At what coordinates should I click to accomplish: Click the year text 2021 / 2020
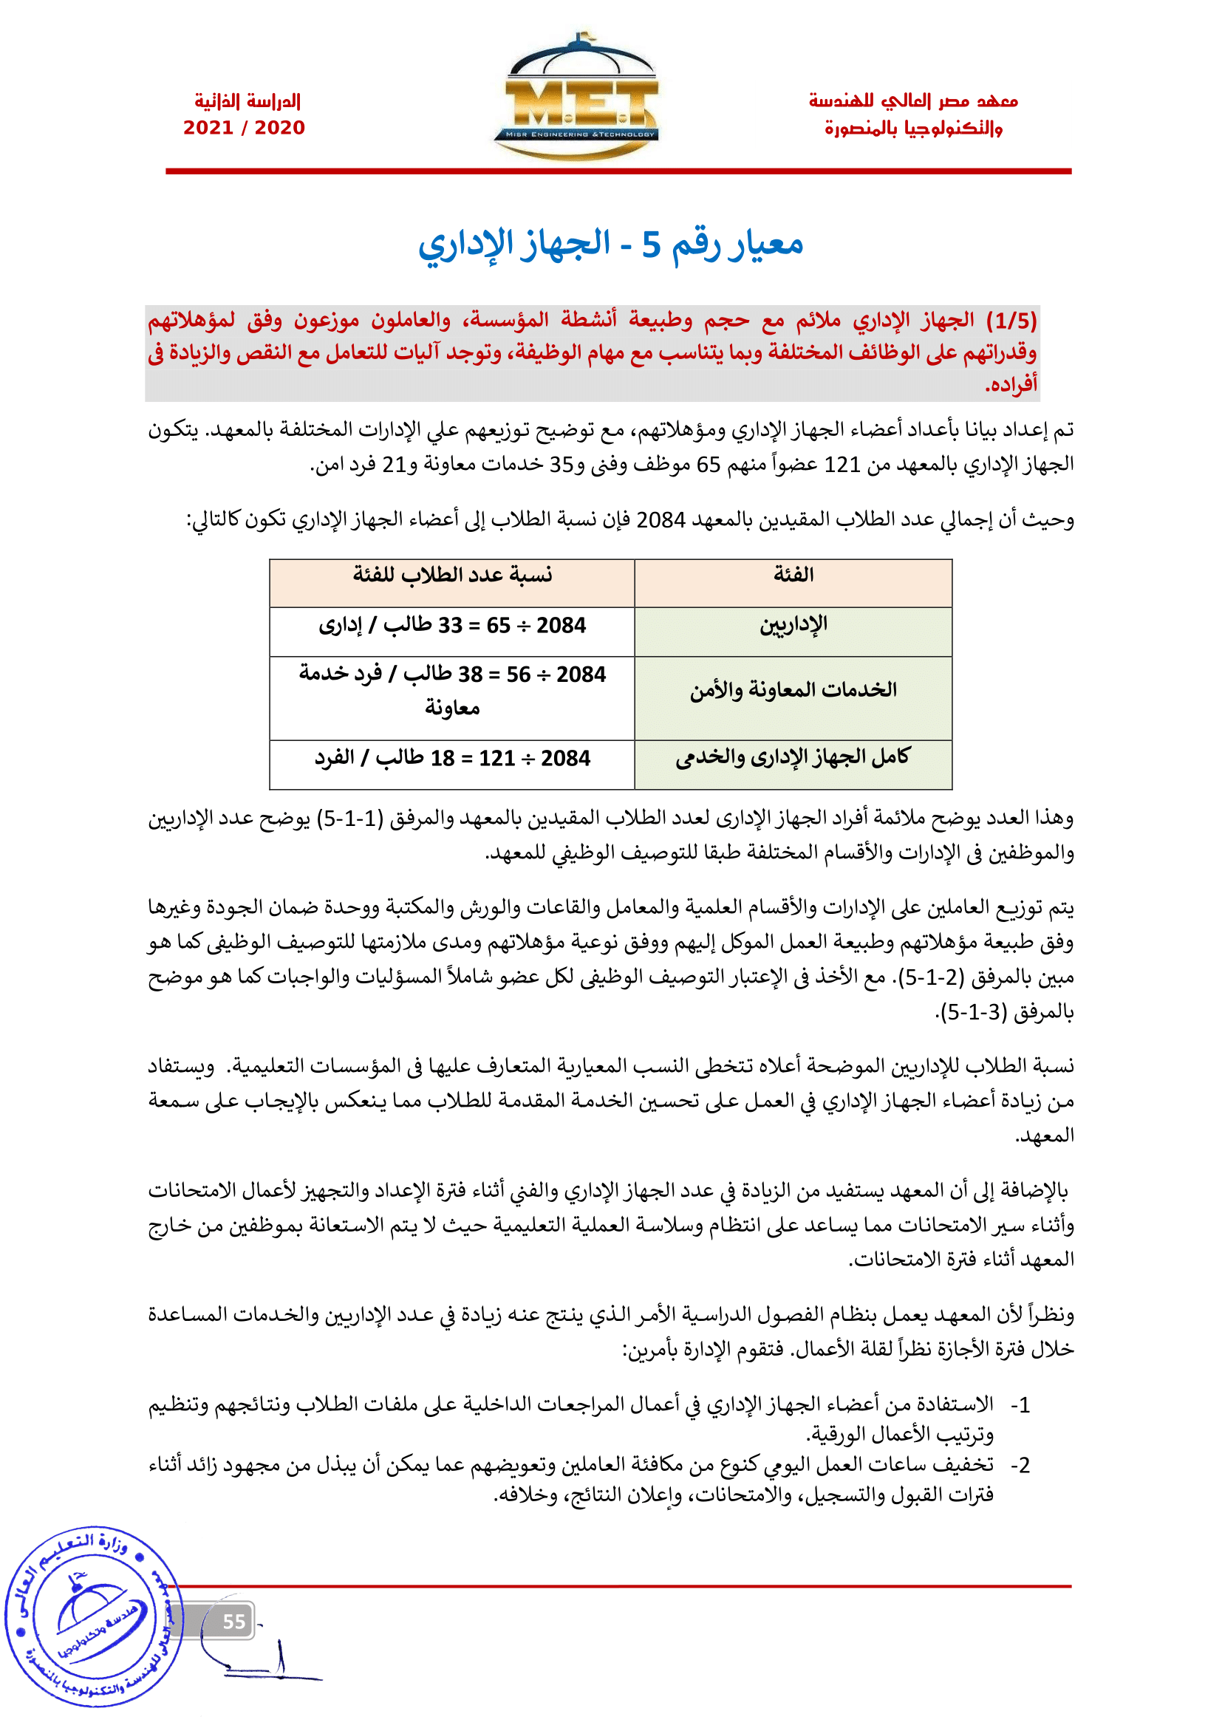pyautogui.click(x=244, y=128)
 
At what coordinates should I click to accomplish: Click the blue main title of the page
pyautogui.click(x=610, y=244)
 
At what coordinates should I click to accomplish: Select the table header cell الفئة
pyautogui.click(x=793, y=576)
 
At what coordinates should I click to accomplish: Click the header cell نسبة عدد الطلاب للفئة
pyautogui.click(x=452, y=576)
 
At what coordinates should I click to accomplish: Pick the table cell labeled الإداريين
pyautogui.click(x=793, y=626)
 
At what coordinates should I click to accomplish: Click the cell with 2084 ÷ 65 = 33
pyautogui.click(x=452, y=626)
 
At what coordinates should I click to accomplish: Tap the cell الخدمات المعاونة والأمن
pyautogui.click(x=793, y=690)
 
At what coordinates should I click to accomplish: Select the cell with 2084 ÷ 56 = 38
pyautogui.click(x=452, y=690)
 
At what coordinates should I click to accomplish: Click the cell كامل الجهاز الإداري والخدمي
pyautogui.click(x=793, y=758)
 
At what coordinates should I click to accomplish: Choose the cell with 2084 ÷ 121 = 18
pyautogui.click(x=452, y=758)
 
